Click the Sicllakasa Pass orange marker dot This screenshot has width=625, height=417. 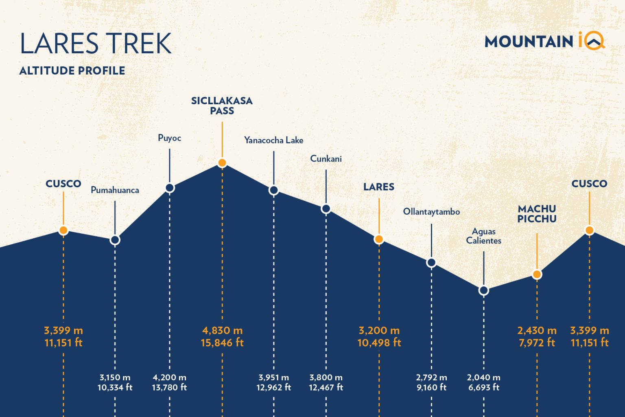[x=222, y=163]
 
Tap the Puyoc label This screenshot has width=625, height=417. [x=169, y=138]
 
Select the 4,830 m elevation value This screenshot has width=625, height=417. [x=222, y=330]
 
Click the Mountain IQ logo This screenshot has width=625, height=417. [x=544, y=42]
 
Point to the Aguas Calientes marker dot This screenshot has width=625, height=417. [x=483, y=290]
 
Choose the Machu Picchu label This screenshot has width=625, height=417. [x=537, y=214]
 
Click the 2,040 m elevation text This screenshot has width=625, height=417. [x=483, y=377]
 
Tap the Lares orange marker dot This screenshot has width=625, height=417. [x=379, y=239]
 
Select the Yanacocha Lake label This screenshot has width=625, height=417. [x=273, y=140]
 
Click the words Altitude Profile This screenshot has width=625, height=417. [x=72, y=71]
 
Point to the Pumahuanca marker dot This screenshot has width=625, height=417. [x=115, y=240]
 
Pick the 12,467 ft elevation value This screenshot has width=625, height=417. [x=326, y=388]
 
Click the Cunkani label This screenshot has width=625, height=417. [x=326, y=159]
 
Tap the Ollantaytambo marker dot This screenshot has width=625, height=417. [x=431, y=263]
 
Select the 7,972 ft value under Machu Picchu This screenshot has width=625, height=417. [x=537, y=342]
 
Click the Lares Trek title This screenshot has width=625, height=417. [x=96, y=44]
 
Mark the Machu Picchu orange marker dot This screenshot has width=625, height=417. [x=537, y=274]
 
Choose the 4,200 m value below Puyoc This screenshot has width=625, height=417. [x=169, y=377]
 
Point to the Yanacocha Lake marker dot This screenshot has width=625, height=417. [x=274, y=190]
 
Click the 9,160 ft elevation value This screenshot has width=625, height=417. [x=431, y=388]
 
